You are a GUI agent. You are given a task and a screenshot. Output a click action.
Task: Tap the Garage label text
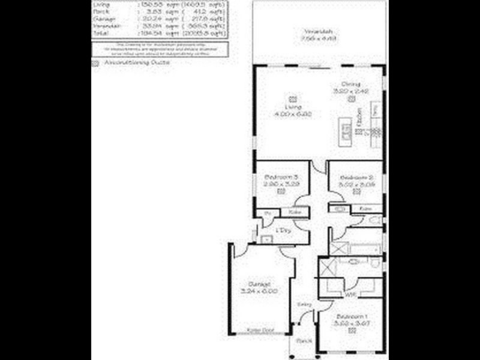[259, 284]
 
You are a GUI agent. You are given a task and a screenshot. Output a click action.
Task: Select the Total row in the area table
[159, 34]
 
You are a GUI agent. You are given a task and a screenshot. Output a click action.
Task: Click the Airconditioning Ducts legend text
[136, 62]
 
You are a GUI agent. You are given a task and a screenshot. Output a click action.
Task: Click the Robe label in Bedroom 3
[295, 212]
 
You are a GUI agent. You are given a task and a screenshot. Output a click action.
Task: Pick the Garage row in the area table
[159, 19]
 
